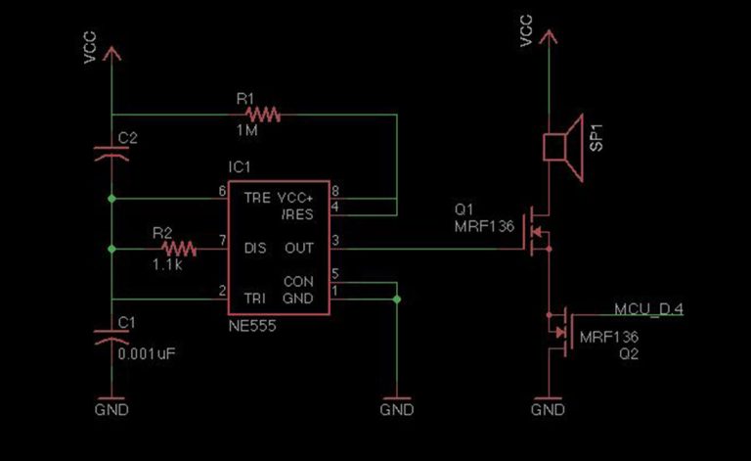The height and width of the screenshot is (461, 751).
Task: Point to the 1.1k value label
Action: coord(167,264)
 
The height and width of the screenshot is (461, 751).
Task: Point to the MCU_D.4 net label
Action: coord(648,309)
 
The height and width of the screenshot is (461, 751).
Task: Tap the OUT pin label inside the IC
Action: coord(298,249)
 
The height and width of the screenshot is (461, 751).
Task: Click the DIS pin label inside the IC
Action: coord(255,249)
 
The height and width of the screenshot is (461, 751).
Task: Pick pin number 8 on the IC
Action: coord(335,190)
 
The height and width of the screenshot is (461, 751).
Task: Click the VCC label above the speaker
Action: coord(526,31)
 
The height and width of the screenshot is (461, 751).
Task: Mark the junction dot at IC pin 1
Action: coord(397,299)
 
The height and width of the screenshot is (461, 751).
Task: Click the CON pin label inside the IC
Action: coord(297,282)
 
